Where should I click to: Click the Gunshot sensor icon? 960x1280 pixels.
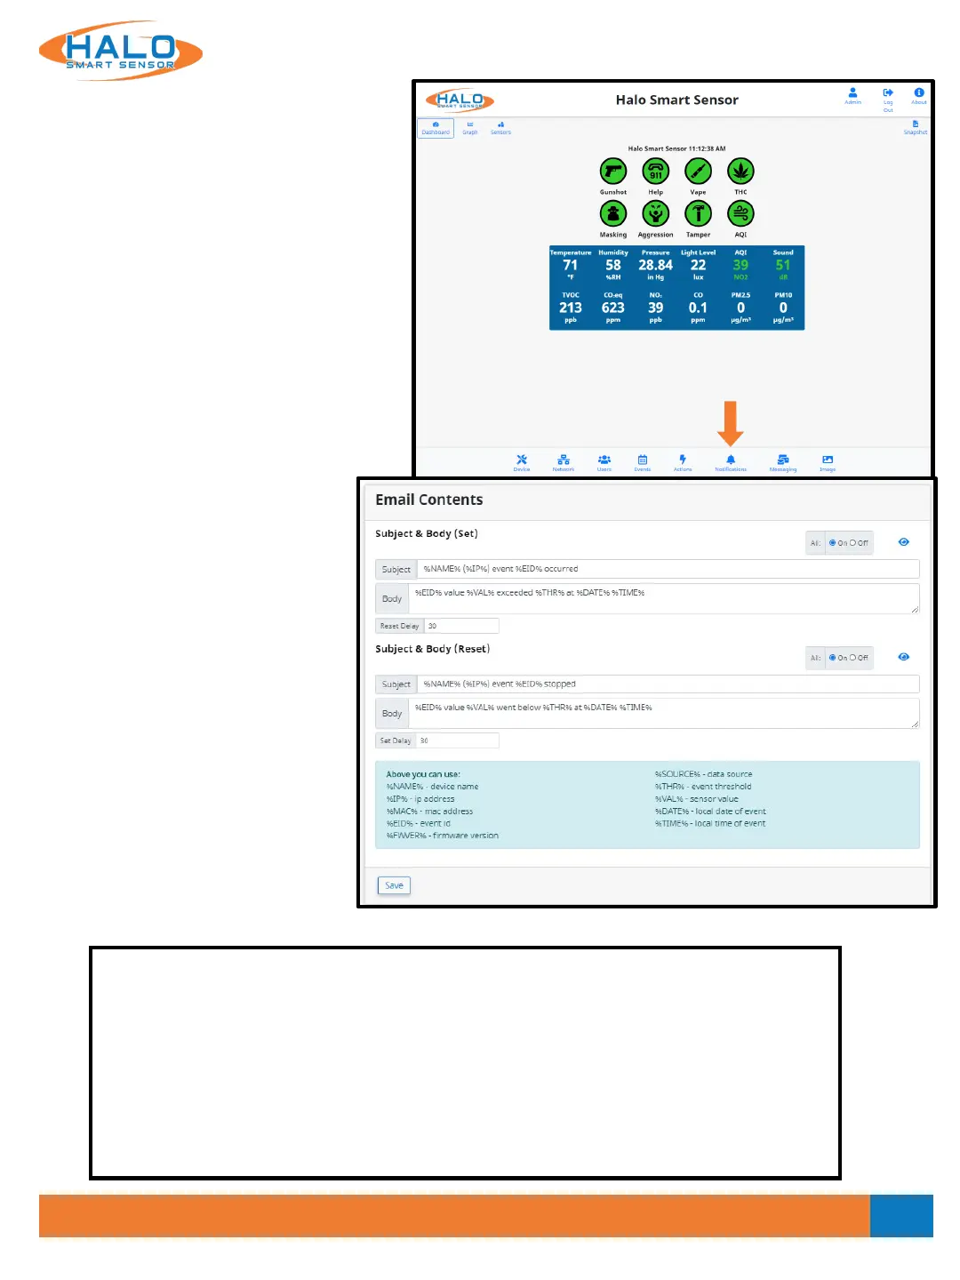613,171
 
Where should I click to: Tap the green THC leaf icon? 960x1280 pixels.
740,171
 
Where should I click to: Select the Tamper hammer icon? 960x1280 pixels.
698,213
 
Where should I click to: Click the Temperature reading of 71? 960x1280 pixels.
571,265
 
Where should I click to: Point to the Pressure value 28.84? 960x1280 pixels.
655,265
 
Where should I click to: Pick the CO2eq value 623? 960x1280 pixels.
613,308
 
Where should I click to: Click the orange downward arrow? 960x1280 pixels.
731,423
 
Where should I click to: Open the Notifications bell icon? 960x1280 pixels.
731,460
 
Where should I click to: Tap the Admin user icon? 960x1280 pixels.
852,93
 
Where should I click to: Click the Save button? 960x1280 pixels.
394,885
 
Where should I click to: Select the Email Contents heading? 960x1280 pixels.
428,500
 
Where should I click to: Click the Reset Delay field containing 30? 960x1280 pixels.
460,626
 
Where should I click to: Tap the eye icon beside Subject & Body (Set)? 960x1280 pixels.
903,542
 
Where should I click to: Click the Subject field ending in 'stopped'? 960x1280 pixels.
667,684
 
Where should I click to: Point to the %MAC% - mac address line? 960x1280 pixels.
429,812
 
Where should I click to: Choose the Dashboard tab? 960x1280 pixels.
436,128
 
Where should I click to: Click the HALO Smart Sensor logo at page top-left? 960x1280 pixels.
121,52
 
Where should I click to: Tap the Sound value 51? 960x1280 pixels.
783,265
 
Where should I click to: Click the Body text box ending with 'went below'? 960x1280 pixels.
663,713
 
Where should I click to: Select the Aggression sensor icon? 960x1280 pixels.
655,213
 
